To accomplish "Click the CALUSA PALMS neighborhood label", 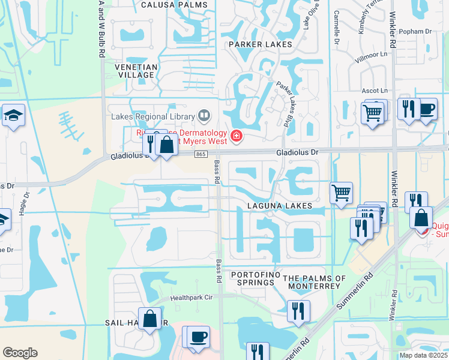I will (x=174, y=5).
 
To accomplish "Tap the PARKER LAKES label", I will (x=260, y=44).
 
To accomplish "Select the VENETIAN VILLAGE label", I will (x=137, y=71).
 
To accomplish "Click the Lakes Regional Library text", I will (x=152, y=116).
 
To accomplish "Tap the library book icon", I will (x=204, y=115).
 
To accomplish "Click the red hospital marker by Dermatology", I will (x=237, y=136).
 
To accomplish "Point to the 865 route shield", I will (x=201, y=154).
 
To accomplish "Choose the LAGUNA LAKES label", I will (x=280, y=206).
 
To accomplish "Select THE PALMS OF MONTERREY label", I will (x=315, y=282).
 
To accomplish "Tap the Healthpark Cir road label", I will (x=191, y=297).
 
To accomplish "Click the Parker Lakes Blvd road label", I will (x=288, y=103).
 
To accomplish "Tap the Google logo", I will (x=20, y=353).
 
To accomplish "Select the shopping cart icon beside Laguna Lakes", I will (x=341, y=193).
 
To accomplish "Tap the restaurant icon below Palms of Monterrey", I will (x=297, y=311).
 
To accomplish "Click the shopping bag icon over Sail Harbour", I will (x=149, y=318).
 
